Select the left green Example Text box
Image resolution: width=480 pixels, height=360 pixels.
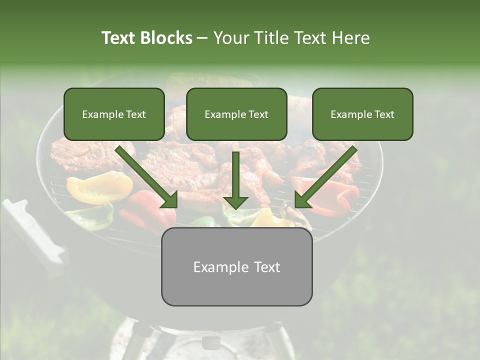coord(114,114)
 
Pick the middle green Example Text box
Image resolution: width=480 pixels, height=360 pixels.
coord(236,114)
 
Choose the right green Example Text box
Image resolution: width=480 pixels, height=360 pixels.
coord(362,114)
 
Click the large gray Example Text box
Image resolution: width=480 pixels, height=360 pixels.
coord(236,266)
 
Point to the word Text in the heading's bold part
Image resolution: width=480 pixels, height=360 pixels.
coord(119,38)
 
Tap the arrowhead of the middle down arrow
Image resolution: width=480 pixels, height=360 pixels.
coord(235,202)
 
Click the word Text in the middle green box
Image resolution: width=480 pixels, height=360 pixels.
coord(258,114)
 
